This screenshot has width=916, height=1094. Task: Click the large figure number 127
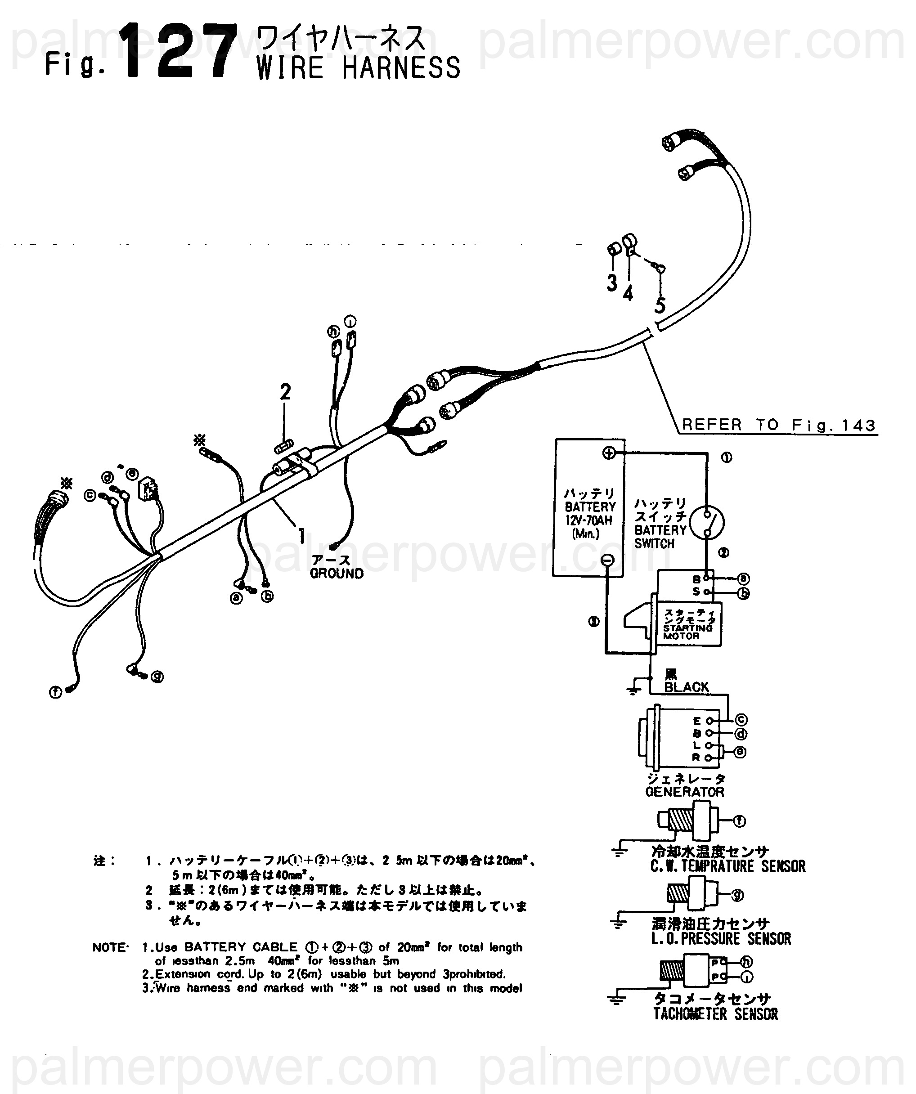(x=177, y=52)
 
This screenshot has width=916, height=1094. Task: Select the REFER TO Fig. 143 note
(x=778, y=425)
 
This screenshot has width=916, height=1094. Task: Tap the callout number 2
(x=285, y=392)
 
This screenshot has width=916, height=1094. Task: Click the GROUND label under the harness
(x=337, y=574)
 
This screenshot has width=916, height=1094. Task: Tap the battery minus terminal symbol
(x=607, y=560)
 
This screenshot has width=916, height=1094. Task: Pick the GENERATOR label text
(x=685, y=792)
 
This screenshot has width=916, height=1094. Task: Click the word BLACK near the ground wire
(x=686, y=687)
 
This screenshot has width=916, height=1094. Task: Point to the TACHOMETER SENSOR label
(x=715, y=1014)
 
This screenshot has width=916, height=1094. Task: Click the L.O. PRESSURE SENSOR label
(x=721, y=939)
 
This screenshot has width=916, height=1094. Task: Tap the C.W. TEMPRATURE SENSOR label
(x=727, y=866)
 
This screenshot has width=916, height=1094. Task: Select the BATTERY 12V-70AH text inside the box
(x=590, y=513)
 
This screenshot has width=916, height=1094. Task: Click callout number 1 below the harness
(x=301, y=535)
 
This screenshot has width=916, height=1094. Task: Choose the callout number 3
(x=612, y=283)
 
